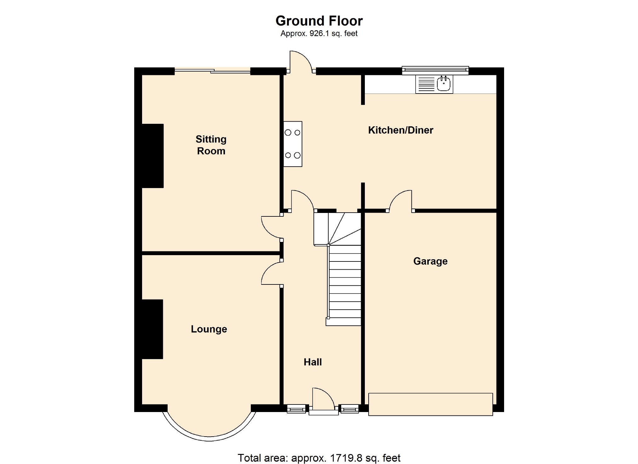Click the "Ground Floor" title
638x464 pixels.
pyautogui.click(x=319, y=21)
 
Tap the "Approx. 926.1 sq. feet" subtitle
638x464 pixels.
pyautogui.click(x=319, y=33)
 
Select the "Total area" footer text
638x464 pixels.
pyautogui.click(x=319, y=458)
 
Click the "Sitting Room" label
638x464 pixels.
pyautogui.click(x=211, y=145)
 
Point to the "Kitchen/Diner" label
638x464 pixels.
pyautogui.click(x=400, y=130)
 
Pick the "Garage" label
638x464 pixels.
pyautogui.click(x=430, y=261)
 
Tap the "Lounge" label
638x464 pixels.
pyautogui.click(x=209, y=329)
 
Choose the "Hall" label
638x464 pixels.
pyautogui.click(x=313, y=362)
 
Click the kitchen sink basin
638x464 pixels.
pyautogui.click(x=444, y=84)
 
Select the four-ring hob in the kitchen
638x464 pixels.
pyautogui.click(x=293, y=144)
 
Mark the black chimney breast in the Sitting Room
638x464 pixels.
pyautogui.click(x=153, y=156)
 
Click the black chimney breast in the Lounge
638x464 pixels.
pyautogui.click(x=152, y=329)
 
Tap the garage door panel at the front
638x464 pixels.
pyautogui.click(x=430, y=404)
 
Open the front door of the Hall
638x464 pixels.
pyautogui.click(x=323, y=400)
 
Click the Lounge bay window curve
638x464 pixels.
pyautogui.click(x=209, y=433)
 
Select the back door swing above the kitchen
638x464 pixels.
pyautogui.click(x=300, y=61)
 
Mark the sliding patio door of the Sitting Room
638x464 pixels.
pyautogui.click(x=213, y=71)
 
